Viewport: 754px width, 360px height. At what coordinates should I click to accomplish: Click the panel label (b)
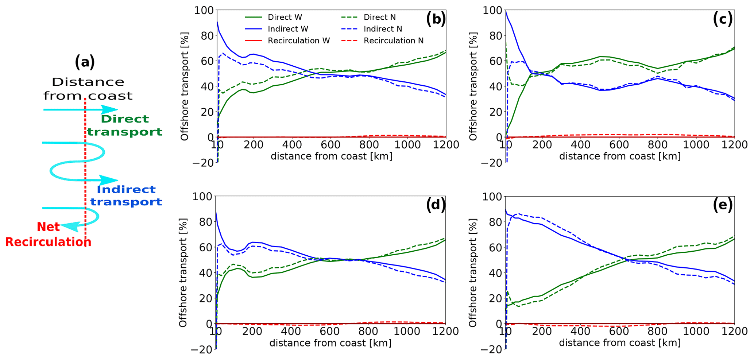[436, 20]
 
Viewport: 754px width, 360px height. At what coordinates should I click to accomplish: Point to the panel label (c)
[723, 20]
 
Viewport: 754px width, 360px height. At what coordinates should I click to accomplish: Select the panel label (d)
[436, 206]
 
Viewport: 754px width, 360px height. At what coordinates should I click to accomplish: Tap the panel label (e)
[723, 206]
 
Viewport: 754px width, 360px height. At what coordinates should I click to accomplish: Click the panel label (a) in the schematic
[85, 62]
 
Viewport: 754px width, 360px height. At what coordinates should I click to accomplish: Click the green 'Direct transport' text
[125, 125]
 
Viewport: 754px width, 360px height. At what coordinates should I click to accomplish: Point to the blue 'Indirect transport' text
[126, 196]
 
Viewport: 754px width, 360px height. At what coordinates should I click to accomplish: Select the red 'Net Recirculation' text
[48, 235]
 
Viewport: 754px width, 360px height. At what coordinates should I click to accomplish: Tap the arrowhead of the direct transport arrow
[110, 109]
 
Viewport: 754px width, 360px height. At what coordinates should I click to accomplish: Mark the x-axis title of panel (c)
[620, 156]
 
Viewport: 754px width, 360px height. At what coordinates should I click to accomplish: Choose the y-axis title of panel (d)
[183, 272]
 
